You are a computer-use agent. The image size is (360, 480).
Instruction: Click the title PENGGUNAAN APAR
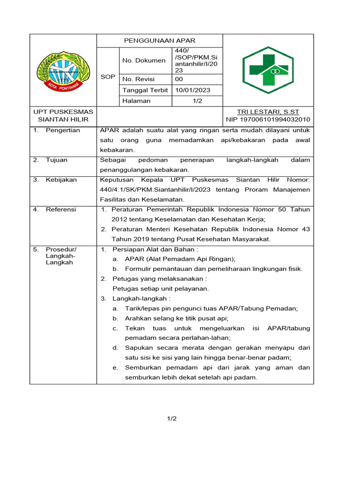pos(159,40)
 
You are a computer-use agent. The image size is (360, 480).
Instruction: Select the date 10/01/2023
pos(193,90)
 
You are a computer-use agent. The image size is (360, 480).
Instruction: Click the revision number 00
pos(180,79)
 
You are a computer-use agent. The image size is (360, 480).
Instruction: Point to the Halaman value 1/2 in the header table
pos(197,101)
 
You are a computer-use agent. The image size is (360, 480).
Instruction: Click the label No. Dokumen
pos(144,60)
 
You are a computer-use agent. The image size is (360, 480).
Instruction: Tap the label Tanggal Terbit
pos(145,90)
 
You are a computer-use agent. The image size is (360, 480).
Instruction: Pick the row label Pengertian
pos(63,130)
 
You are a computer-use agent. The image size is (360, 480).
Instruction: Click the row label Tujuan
pos(56,160)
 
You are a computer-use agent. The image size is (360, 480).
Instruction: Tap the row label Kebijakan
pos(61,180)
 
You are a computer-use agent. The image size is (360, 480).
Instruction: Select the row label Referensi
pos(61,210)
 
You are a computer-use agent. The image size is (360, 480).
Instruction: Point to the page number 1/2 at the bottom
pos(172,419)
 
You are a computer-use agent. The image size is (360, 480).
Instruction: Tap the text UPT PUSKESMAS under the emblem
pos(63,112)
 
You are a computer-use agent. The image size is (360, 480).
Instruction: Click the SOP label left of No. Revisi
pos(108,76)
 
